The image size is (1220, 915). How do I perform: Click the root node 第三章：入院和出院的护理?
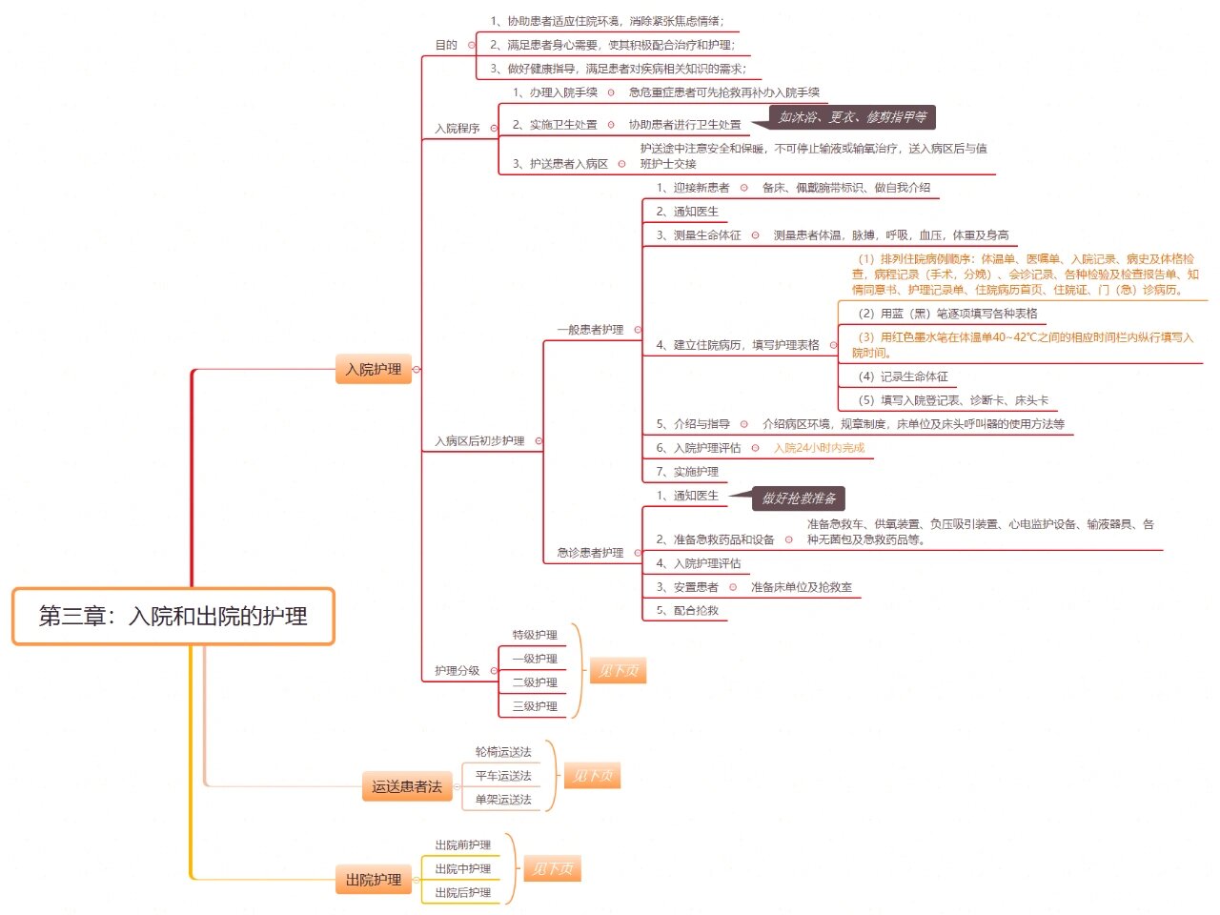coord(173,616)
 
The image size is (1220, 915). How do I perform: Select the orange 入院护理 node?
coord(373,369)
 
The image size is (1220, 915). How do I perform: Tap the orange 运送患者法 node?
coord(407,786)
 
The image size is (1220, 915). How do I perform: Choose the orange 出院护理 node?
coord(373,880)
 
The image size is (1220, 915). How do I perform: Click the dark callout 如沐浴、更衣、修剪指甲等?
coord(852,117)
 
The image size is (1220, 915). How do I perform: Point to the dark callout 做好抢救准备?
coord(799,498)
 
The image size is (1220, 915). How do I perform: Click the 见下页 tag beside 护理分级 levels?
coord(618,671)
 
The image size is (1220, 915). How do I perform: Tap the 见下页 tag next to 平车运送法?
coord(593,775)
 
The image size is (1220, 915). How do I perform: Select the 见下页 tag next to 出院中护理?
coord(553,868)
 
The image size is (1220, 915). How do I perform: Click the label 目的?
coord(446,45)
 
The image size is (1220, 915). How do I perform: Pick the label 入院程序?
coord(457,129)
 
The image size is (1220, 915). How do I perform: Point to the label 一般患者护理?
coord(590,330)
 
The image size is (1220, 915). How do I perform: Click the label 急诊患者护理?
coord(590,552)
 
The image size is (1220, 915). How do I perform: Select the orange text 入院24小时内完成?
coord(820,448)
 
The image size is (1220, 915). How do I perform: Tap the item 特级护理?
coord(535,635)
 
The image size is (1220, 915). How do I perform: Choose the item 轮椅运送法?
coord(503,752)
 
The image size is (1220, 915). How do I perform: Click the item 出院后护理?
coord(462,892)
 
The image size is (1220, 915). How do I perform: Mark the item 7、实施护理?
coord(687,472)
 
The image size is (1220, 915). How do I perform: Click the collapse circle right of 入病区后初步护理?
coord(539,441)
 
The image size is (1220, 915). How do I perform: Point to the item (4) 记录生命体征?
coord(904,376)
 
